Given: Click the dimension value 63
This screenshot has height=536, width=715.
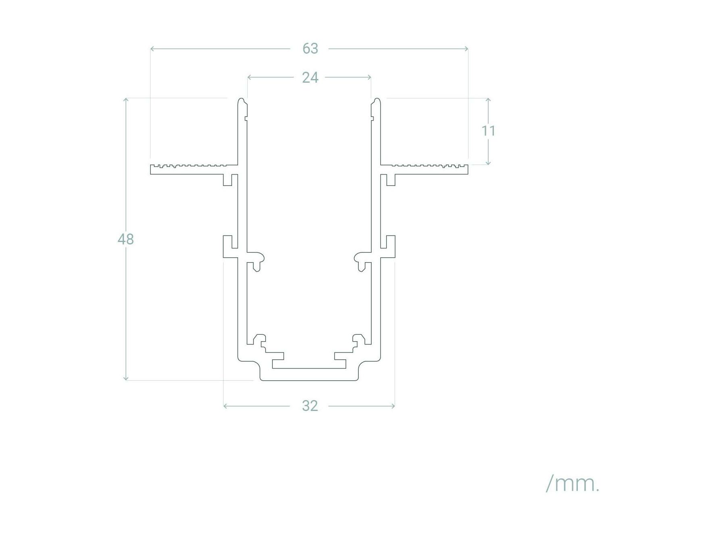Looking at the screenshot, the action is coord(310,49).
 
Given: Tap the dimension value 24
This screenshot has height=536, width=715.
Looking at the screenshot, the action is coord(310,77).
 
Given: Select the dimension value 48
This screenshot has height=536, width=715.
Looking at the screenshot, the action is coord(125,239).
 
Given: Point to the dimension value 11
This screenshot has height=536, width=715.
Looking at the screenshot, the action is coord(488,131).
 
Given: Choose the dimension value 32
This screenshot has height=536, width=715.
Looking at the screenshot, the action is coord(310,406).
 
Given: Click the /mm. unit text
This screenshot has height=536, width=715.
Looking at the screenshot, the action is coord(573,484).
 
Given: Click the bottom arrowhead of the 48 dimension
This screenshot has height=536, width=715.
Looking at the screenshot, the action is coord(126,379).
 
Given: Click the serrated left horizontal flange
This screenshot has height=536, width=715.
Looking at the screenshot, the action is coord(194,169).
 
